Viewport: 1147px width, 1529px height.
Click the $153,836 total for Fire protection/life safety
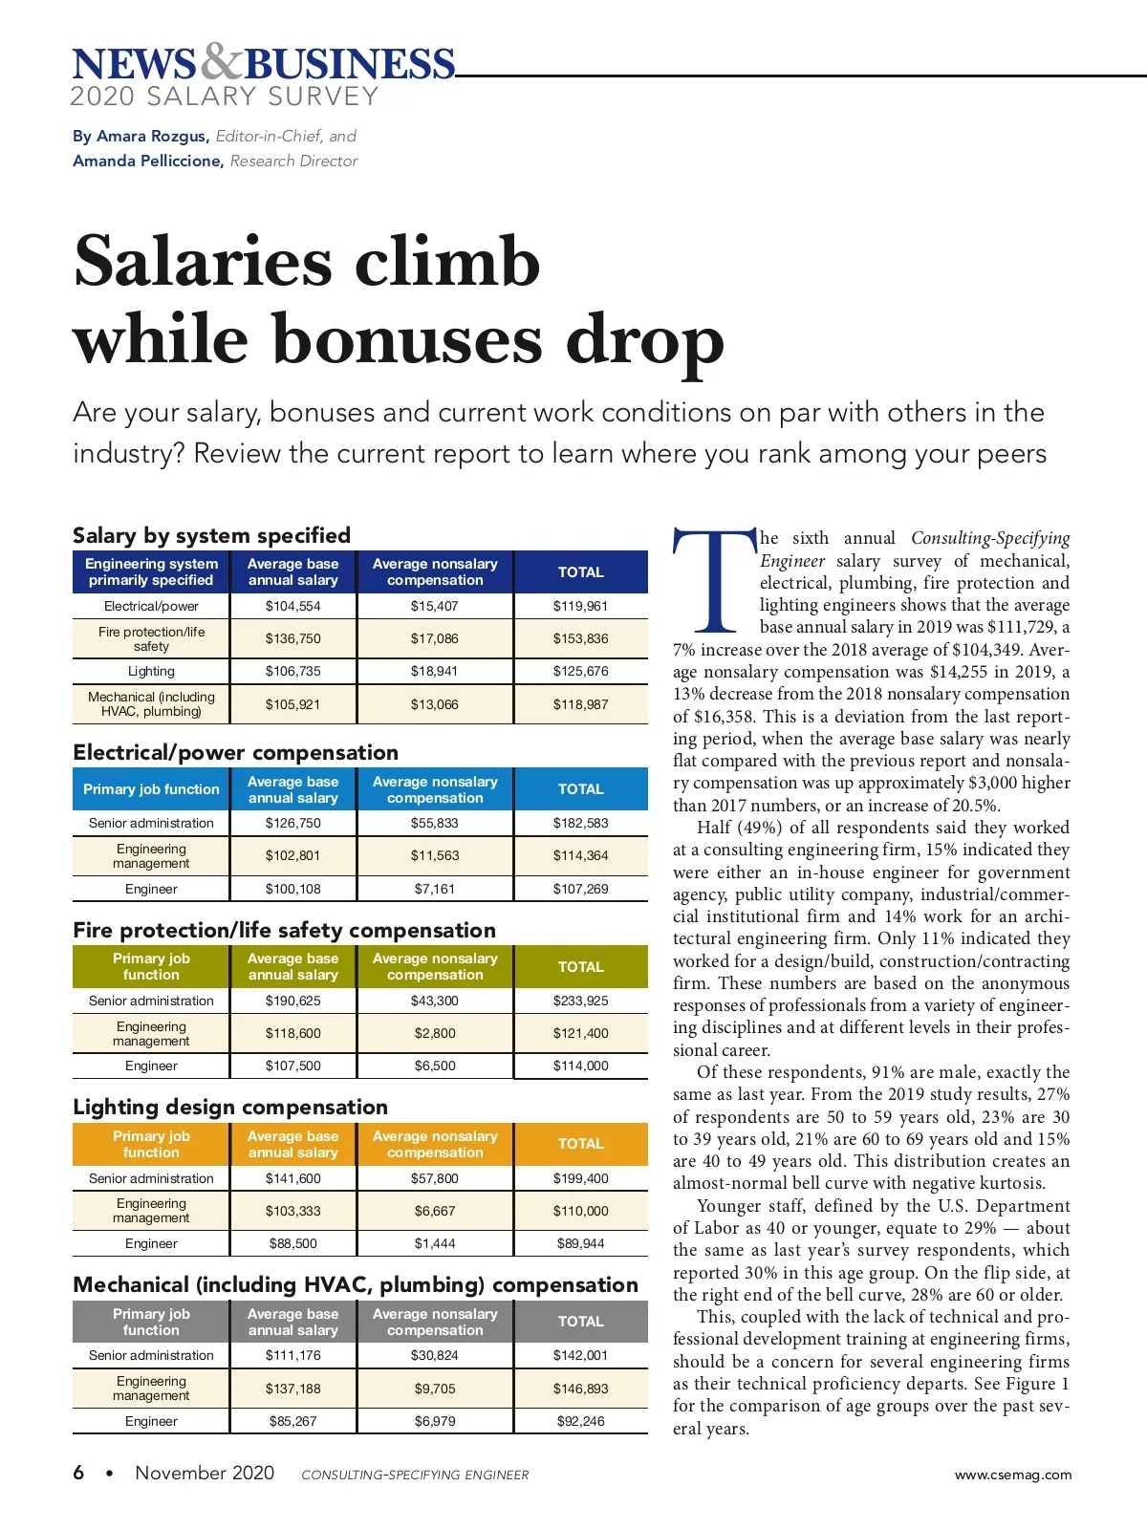(580, 638)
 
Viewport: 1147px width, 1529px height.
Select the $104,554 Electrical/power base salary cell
(292, 606)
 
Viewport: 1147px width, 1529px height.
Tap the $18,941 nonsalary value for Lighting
(435, 671)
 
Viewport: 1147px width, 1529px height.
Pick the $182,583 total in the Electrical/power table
(580, 823)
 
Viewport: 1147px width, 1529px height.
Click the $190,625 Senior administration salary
(292, 1001)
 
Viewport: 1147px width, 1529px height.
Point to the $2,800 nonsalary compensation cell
(435, 1033)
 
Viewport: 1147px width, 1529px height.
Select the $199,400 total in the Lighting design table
(580, 1178)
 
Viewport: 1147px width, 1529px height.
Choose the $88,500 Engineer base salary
(292, 1243)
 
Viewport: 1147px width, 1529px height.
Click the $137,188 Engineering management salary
(292, 1389)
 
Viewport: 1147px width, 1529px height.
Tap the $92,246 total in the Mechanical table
(580, 1421)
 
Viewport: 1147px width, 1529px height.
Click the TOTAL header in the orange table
(580, 1144)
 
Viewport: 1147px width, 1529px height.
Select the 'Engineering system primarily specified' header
(151, 571)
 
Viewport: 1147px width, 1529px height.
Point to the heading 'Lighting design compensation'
(230, 1107)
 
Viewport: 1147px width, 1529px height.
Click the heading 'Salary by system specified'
(211, 535)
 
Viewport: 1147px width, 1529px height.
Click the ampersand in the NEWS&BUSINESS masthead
(222, 62)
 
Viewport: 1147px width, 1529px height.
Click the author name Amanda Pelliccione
(147, 161)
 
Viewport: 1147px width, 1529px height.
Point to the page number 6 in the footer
(78, 1473)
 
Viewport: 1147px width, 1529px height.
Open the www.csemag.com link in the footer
(1012, 1475)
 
